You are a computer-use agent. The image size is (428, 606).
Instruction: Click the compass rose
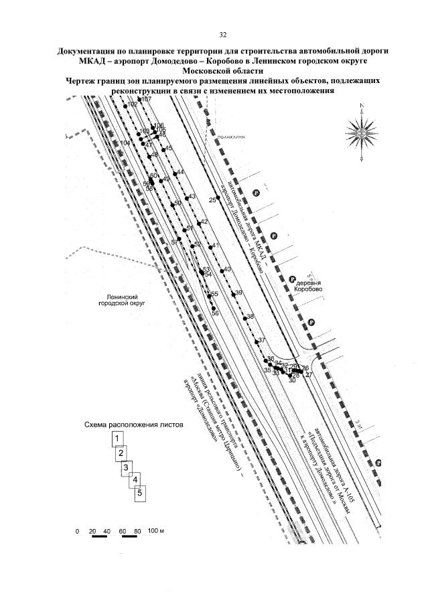pyautogui.click(x=364, y=132)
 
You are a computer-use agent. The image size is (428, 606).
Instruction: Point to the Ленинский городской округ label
pyautogui.click(x=121, y=299)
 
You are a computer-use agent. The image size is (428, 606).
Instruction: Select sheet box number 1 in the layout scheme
pyautogui.click(x=118, y=439)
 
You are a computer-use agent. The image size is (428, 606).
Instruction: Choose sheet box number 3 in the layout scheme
pyautogui.click(x=127, y=467)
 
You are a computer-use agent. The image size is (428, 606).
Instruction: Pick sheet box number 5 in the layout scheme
pyautogui.click(x=139, y=494)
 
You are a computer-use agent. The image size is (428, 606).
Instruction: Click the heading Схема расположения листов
pyautogui.click(x=129, y=425)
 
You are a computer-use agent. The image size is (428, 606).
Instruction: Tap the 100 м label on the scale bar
pyautogui.click(x=155, y=531)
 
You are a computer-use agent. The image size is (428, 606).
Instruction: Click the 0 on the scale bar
pyautogui.click(x=77, y=531)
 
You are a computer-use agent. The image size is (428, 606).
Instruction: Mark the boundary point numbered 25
pyautogui.click(x=218, y=198)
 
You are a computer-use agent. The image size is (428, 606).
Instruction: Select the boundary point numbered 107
pyautogui.click(x=139, y=99)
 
